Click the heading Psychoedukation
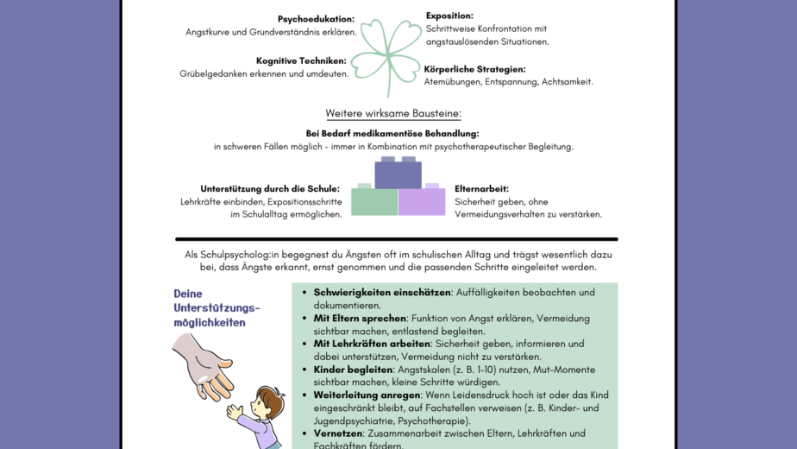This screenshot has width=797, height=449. (x=316, y=19)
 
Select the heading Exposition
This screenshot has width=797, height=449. (x=449, y=16)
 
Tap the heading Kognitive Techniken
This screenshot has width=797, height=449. (x=301, y=60)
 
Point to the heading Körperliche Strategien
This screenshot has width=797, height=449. (x=474, y=69)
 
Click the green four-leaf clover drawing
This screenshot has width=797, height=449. (x=390, y=53)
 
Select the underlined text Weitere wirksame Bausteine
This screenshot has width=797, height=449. (x=392, y=114)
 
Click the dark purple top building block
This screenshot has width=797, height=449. (x=398, y=174)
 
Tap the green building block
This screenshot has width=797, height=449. (x=374, y=201)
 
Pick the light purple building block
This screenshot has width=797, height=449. (x=422, y=201)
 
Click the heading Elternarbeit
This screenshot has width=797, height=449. (x=481, y=188)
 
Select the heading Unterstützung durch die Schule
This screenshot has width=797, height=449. (x=270, y=188)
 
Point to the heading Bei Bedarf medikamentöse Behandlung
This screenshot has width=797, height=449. (x=392, y=134)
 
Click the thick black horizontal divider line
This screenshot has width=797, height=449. (x=397, y=239)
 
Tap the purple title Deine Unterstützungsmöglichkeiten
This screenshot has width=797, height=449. (x=216, y=308)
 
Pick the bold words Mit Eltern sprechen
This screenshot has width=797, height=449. (x=360, y=319)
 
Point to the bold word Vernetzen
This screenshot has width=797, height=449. (x=338, y=433)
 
